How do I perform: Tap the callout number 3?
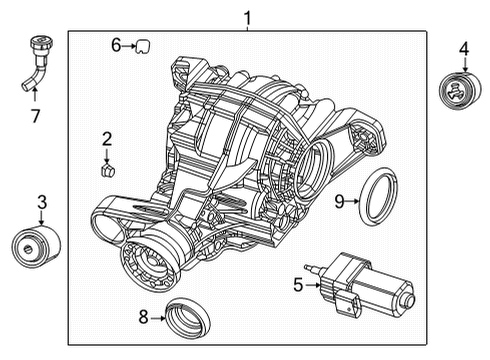[x=42, y=203]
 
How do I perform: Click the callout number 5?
[x=298, y=284]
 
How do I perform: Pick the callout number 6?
[x=116, y=44]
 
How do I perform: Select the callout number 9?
[x=339, y=201]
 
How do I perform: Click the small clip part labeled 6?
[x=142, y=44]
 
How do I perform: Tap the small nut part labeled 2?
[x=107, y=168]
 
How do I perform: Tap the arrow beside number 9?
[x=353, y=201]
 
